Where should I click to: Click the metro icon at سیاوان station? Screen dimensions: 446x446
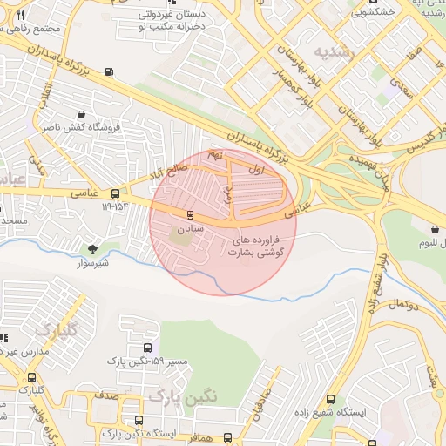(x=191, y=214)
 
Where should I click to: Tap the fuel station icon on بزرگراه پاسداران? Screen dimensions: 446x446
(x=108, y=72)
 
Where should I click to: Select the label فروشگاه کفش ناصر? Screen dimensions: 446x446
(x=80, y=128)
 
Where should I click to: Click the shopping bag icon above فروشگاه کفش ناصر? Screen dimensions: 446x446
(x=81, y=114)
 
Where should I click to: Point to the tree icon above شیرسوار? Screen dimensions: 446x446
(x=92, y=249)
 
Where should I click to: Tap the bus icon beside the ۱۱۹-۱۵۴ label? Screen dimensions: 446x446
(x=116, y=193)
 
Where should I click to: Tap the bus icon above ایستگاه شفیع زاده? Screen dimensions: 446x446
(x=330, y=398)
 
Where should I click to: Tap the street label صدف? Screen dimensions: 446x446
(x=106, y=395)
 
